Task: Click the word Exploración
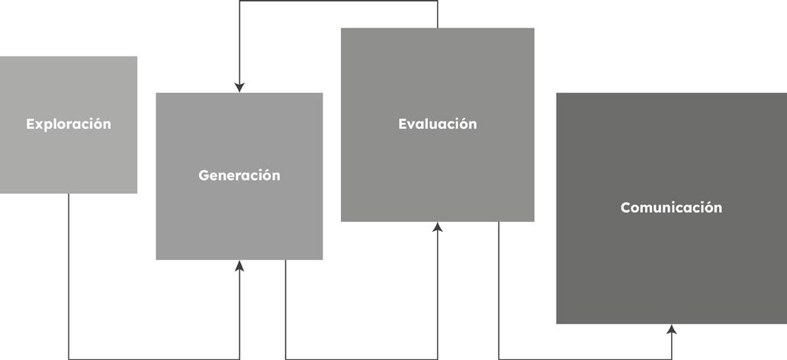pos(69,124)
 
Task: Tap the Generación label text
pos(239,175)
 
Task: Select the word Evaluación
pos(438,124)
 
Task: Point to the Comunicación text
pos(671,207)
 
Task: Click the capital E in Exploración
pos(31,124)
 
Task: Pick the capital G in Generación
pos(204,175)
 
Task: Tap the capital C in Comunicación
pos(626,207)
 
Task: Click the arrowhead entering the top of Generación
pos(239,88)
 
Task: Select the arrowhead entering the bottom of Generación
pos(239,265)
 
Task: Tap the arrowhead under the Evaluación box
pos(438,227)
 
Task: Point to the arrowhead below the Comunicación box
pos(672,329)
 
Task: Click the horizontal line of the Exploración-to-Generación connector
pos(154,359)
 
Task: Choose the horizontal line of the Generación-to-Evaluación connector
pos(361,359)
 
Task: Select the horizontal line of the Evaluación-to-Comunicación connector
pos(585,359)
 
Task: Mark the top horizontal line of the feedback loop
pos(339,1)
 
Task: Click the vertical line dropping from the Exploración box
pos(69,276)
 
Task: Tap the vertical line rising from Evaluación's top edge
pos(437,14)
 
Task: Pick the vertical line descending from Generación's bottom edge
pos(285,310)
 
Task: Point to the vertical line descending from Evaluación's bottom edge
pos(499,290)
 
